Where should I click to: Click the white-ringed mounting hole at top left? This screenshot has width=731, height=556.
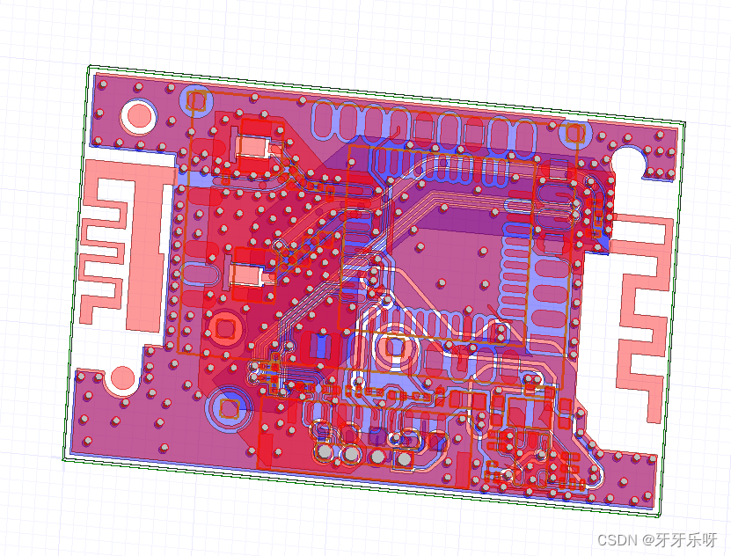[x=138, y=115]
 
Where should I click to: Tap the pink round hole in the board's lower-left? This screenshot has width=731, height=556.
[x=121, y=379]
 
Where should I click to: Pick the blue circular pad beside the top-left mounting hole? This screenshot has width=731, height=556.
[x=195, y=99]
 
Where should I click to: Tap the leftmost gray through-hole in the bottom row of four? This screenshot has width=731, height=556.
[x=325, y=452]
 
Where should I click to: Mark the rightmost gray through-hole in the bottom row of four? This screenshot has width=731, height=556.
[x=406, y=459]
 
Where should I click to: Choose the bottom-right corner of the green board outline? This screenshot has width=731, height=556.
[x=659, y=513]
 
